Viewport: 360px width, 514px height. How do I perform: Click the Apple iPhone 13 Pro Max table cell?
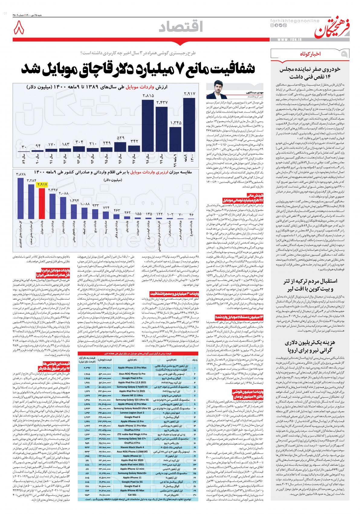(132, 367)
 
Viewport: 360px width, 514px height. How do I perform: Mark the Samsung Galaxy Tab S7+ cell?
(132, 438)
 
